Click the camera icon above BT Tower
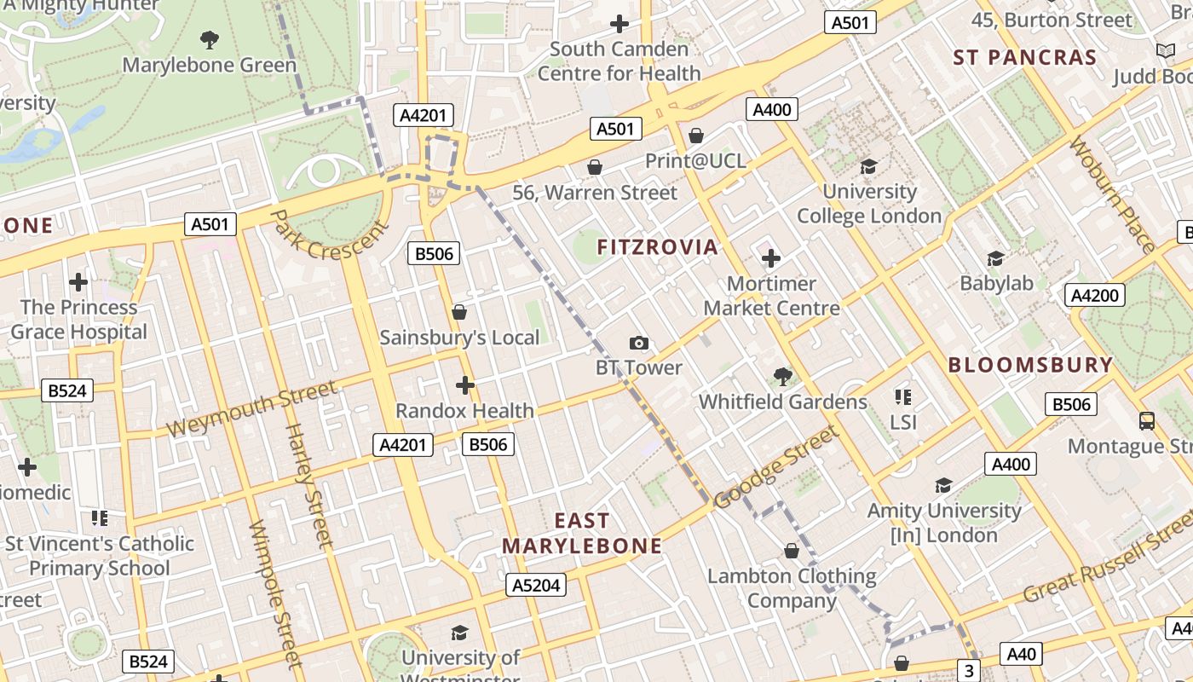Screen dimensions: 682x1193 click(638, 343)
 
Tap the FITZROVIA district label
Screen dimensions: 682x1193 click(657, 247)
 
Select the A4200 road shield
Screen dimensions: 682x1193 click(1095, 296)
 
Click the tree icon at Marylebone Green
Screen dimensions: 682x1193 click(209, 39)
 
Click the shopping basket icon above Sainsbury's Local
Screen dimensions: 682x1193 click(459, 312)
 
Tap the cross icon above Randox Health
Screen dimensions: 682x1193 click(464, 385)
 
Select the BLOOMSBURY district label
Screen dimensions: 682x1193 click(1030, 365)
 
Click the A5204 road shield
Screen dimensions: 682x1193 click(538, 585)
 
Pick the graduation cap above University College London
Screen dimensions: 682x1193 click(868, 166)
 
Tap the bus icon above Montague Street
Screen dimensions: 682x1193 click(1147, 420)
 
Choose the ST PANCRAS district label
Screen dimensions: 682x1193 click(1024, 58)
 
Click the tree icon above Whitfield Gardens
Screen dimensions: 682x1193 click(782, 376)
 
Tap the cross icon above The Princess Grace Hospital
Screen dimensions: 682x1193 click(78, 281)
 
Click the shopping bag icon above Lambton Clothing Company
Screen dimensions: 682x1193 click(792, 551)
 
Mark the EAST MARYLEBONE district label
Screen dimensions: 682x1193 click(582, 534)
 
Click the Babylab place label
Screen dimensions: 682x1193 click(995, 283)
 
